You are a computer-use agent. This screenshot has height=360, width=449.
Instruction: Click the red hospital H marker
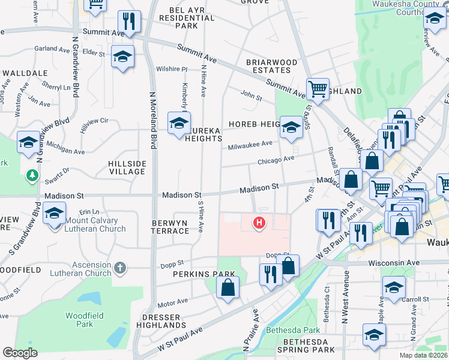tap(259, 223)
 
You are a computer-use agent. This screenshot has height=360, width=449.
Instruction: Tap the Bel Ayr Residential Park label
tap(184, 18)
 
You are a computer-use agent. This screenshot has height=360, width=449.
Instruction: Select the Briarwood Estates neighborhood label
tap(271, 66)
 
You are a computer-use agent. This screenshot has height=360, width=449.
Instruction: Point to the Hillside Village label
tap(127, 167)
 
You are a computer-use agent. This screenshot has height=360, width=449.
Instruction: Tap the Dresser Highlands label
tap(161, 321)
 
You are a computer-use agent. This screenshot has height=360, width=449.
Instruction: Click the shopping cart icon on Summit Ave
tap(317, 89)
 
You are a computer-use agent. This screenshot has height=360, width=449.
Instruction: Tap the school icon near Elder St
tap(122, 56)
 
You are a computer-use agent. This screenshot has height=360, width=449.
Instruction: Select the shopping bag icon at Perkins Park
tap(228, 287)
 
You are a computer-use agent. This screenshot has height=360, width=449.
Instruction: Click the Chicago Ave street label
tap(276, 160)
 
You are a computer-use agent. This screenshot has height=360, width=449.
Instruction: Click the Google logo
tap(20, 353)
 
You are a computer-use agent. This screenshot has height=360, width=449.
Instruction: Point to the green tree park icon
tap(32, 177)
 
